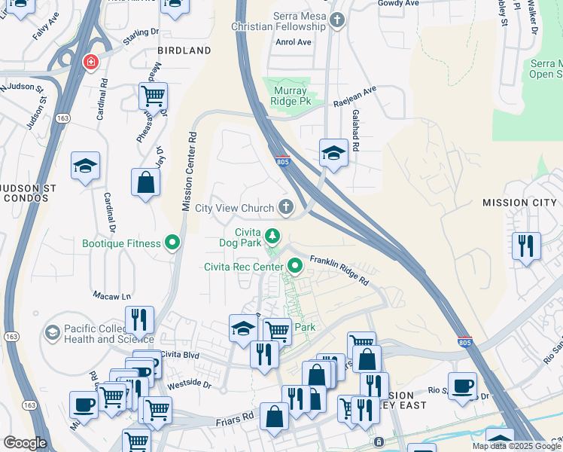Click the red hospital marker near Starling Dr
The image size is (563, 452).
point(90,61)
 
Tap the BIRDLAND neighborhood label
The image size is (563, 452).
point(184,50)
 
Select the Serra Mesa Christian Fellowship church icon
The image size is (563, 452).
point(337,21)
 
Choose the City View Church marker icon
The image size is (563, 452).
point(286,207)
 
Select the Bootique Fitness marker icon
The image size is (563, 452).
point(173,243)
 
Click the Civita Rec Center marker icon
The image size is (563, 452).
point(295,265)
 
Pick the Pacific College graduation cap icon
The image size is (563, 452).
point(52,332)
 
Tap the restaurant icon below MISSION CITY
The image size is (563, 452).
point(526,246)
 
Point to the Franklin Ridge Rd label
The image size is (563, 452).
point(339,269)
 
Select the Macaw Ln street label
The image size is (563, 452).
point(111,295)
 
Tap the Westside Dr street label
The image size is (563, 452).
point(189,383)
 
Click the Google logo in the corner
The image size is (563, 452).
point(25,443)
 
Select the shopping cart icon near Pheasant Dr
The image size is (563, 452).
point(153,96)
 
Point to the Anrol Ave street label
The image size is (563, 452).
point(294,42)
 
